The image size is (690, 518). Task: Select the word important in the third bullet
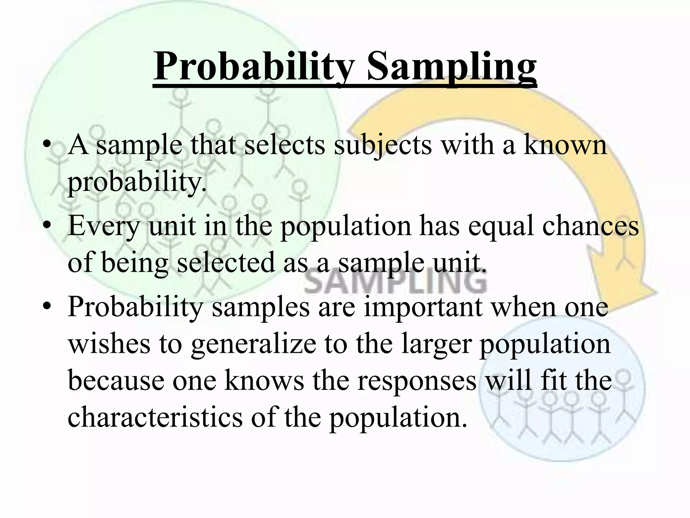click(x=423, y=307)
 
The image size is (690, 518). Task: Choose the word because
click(x=116, y=380)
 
